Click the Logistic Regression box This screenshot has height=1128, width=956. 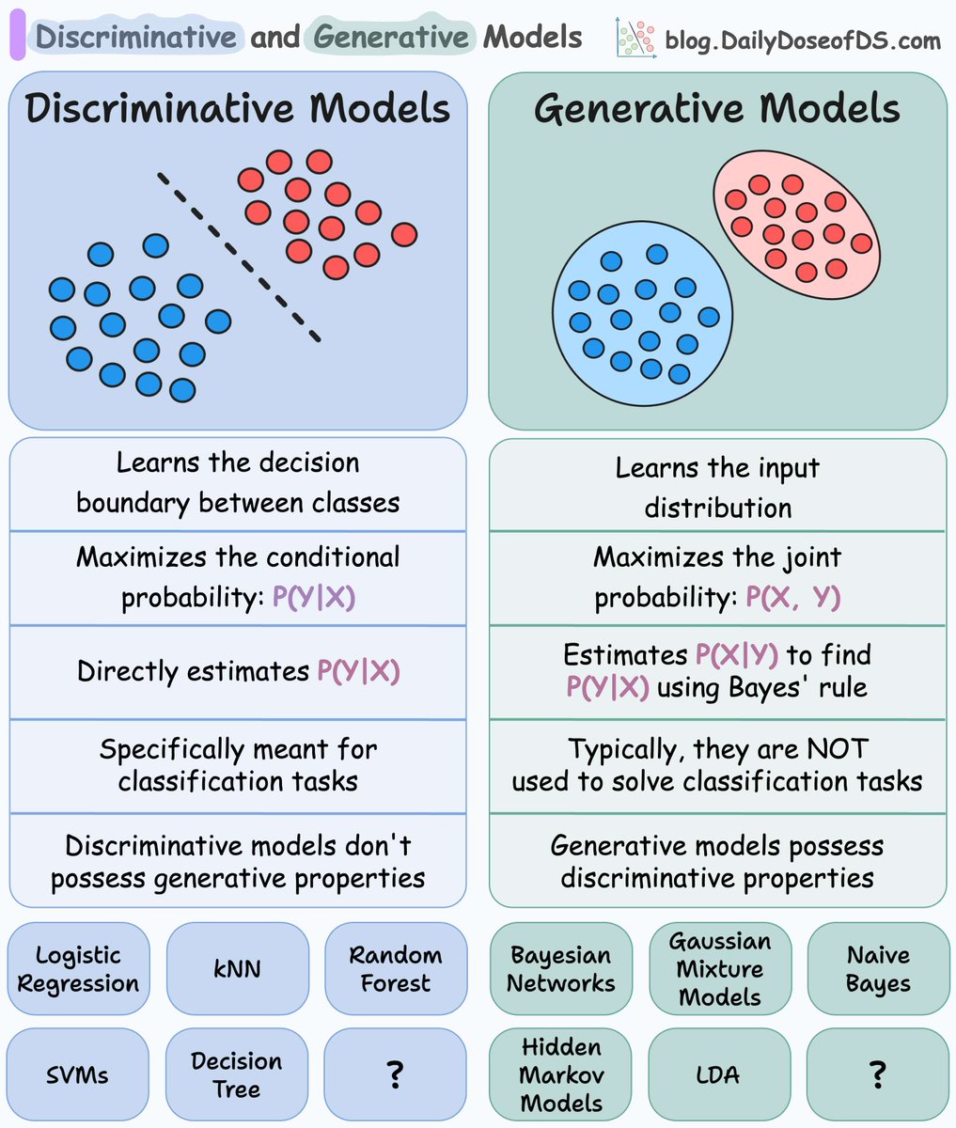coord(78,969)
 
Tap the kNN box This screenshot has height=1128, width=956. coord(237,969)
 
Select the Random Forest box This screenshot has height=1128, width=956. coord(395,969)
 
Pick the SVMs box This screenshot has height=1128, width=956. coord(78,1074)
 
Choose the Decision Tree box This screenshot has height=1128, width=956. coord(237,1074)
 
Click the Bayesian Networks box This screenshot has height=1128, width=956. coord(561,969)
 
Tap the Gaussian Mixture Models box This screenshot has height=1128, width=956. coord(719,969)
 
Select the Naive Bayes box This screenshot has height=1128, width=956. coord(878,969)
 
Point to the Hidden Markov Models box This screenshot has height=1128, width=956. coord(561,1074)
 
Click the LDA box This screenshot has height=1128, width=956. coord(719,1074)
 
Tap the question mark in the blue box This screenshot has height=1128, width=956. coord(395,1074)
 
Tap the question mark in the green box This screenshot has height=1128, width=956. coord(878,1074)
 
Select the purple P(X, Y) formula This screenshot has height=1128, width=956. coord(792,598)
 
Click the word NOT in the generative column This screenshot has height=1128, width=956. coord(838,749)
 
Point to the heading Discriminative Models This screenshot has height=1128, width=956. coord(238,109)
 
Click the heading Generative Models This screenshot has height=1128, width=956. coord(717,109)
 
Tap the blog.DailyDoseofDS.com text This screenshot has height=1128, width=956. coord(802,40)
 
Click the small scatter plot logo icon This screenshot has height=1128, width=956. coord(635,39)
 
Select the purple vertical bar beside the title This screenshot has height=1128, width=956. coord(17,39)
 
